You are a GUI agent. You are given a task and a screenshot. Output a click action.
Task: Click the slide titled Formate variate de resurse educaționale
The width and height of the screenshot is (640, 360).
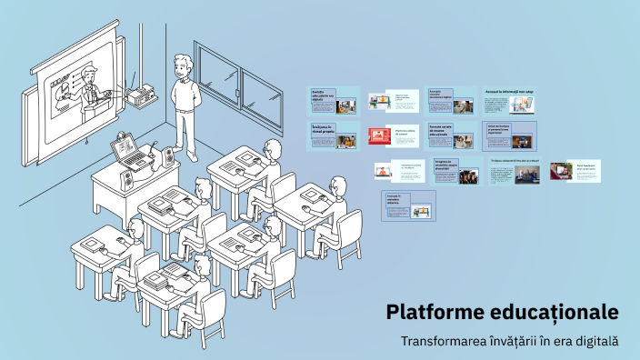pos(451,135)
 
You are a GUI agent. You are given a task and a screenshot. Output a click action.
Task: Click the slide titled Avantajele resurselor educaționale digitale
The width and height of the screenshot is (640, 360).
pos(451,100)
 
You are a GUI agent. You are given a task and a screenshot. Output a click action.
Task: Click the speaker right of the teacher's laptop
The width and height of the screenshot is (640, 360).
pos(168,158)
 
